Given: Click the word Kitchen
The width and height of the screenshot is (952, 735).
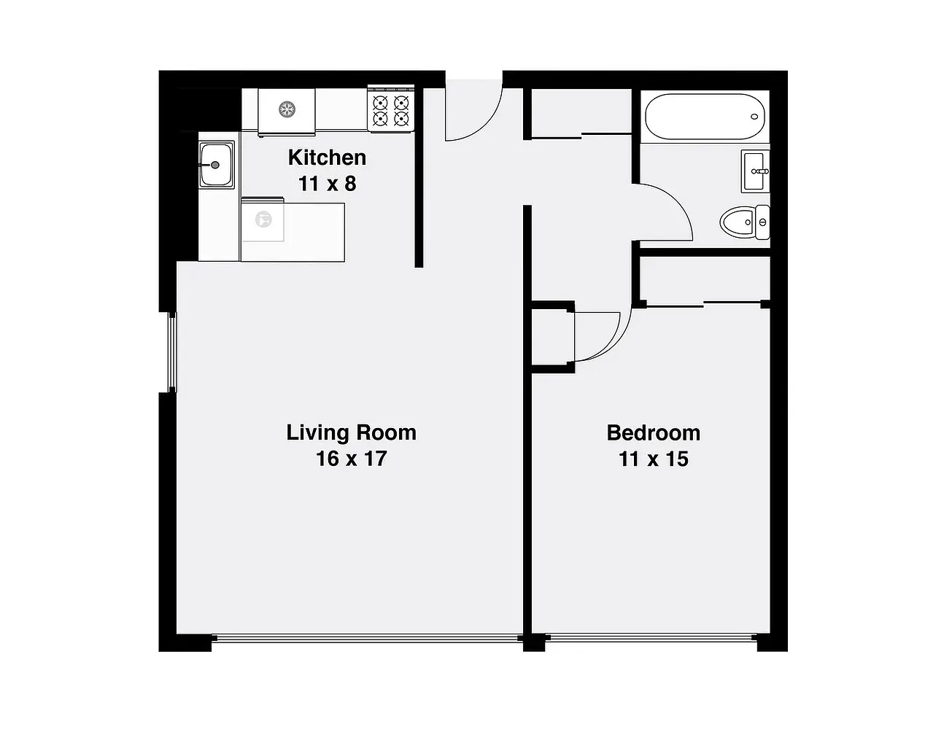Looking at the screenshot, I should [327, 157].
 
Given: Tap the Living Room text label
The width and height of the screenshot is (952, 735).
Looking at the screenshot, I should [351, 432].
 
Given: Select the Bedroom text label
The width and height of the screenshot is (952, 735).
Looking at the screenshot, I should [653, 433].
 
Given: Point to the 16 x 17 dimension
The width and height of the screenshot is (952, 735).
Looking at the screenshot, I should [351, 459].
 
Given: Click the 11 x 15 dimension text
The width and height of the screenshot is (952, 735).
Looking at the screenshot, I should [653, 459].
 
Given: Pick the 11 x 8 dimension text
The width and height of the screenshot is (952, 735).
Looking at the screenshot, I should [327, 184].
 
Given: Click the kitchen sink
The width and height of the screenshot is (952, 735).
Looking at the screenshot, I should [216, 165].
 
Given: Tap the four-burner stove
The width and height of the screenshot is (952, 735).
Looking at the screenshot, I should [390, 110].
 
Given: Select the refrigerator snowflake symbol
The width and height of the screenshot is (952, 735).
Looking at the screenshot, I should [287, 109].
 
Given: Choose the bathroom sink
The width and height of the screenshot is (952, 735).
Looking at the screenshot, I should [755, 172].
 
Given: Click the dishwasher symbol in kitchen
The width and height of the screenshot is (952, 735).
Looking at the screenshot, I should [263, 219].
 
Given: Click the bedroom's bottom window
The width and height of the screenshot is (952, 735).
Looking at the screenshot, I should [651, 638].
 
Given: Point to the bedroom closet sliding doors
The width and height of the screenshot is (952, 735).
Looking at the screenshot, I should [704, 303].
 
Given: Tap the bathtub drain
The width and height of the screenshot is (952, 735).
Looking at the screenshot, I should [755, 117].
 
